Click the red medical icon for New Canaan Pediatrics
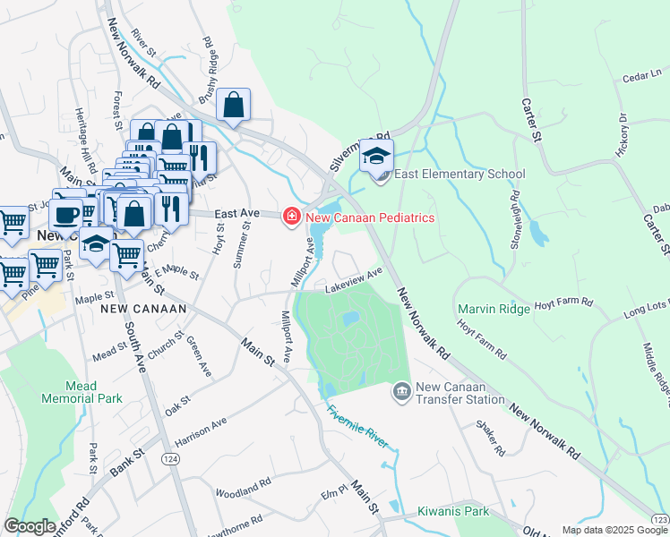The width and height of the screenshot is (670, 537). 290,217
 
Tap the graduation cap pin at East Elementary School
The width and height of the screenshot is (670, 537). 377,156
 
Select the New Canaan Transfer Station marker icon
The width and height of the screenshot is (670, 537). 401,392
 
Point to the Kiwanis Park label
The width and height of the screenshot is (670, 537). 452,512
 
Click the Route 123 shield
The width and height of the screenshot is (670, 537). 661,518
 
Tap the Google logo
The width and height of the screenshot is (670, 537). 30,526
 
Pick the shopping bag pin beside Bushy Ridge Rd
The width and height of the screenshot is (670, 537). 233,105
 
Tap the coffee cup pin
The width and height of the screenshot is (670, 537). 65,214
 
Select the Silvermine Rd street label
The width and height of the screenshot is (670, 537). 348,151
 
